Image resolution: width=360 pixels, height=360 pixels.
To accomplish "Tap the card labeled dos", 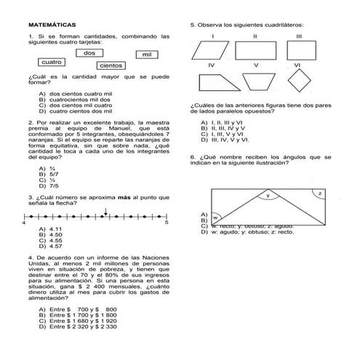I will tap(90, 53).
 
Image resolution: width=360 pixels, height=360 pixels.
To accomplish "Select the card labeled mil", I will tap(147, 55).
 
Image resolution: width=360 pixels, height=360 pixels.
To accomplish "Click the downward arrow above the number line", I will tap(106, 212).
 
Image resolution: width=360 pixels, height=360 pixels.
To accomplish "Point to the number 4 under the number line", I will tap(25, 223).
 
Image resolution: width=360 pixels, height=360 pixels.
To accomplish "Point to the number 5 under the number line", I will tap(166, 223).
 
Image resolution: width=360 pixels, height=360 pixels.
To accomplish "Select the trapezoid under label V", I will tap(255, 80).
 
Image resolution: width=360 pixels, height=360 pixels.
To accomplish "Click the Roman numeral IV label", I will tap(211, 65).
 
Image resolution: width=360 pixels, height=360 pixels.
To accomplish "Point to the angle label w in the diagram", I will tap(216, 217).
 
